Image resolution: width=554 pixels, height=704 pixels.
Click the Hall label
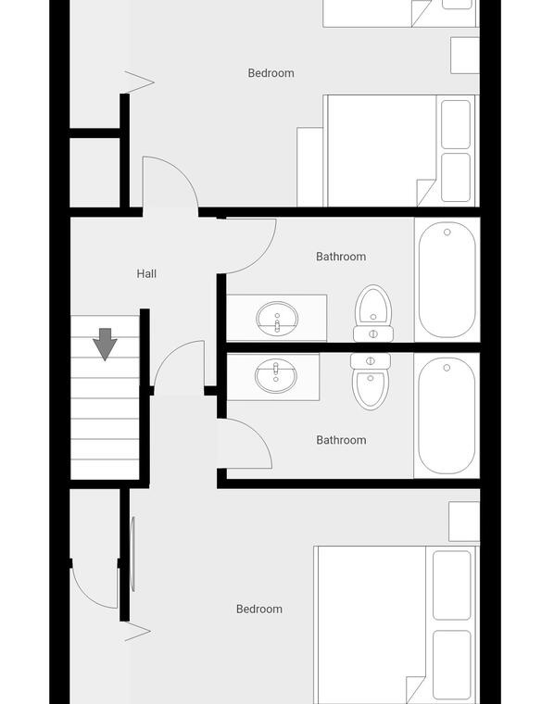point(146,273)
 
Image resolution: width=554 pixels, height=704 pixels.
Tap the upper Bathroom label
point(341,257)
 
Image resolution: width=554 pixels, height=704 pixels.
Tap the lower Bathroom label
point(341,440)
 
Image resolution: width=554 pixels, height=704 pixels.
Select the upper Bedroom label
point(271,73)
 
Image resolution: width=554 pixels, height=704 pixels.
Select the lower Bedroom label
point(259,609)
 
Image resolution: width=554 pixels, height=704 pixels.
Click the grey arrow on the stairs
point(105,344)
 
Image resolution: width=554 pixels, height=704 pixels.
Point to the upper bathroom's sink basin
point(277,319)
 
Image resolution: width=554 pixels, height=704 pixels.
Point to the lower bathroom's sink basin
point(276,376)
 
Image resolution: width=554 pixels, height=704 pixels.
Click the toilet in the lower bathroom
point(371,382)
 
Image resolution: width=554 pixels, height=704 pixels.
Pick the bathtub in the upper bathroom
point(447,280)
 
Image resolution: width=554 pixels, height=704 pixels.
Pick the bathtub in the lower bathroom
point(447,416)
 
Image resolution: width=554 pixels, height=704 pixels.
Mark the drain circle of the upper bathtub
point(447,233)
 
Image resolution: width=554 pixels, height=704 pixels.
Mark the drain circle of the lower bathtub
point(447,368)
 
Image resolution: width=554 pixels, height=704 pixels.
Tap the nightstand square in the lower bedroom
point(464,522)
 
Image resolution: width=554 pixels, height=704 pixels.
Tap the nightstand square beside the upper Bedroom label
point(465,56)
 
